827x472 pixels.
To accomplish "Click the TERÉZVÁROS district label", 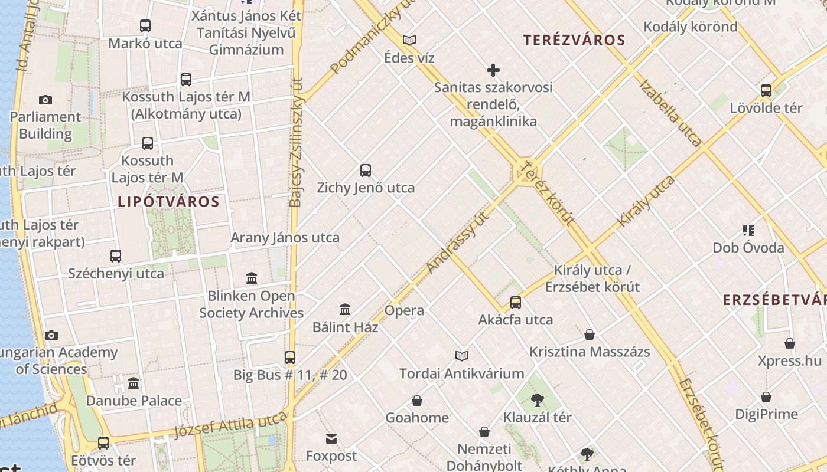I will (x=574, y=40).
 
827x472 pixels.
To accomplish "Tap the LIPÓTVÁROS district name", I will (x=168, y=202).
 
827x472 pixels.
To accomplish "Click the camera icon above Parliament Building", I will (x=45, y=100).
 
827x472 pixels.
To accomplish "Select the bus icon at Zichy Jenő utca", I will (x=366, y=171).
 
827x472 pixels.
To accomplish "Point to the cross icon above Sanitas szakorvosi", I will (x=493, y=71).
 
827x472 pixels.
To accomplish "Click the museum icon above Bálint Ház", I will (x=345, y=309).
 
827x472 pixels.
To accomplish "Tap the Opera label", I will (x=404, y=311).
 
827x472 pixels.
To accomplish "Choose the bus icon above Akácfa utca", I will (x=516, y=303).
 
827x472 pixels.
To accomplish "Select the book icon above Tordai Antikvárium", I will (x=462, y=356).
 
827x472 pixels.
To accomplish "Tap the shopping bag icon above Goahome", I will (x=417, y=401).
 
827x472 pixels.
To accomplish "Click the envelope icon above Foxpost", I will (x=331, y=439).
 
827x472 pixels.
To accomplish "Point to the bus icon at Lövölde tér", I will (x=766, y=91).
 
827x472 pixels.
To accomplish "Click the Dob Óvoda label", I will (x=748, y=248).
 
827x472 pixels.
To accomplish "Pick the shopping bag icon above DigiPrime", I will (x=766, y=397).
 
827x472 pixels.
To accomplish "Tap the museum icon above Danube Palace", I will (x=134, y=383).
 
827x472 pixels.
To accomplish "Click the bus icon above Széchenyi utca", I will (x=116, y=256).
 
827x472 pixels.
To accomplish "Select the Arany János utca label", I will (x=285, y=238).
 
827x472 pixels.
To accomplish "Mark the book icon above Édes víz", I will (x=409, y=40).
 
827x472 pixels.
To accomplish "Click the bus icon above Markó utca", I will (x=145, y=26).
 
